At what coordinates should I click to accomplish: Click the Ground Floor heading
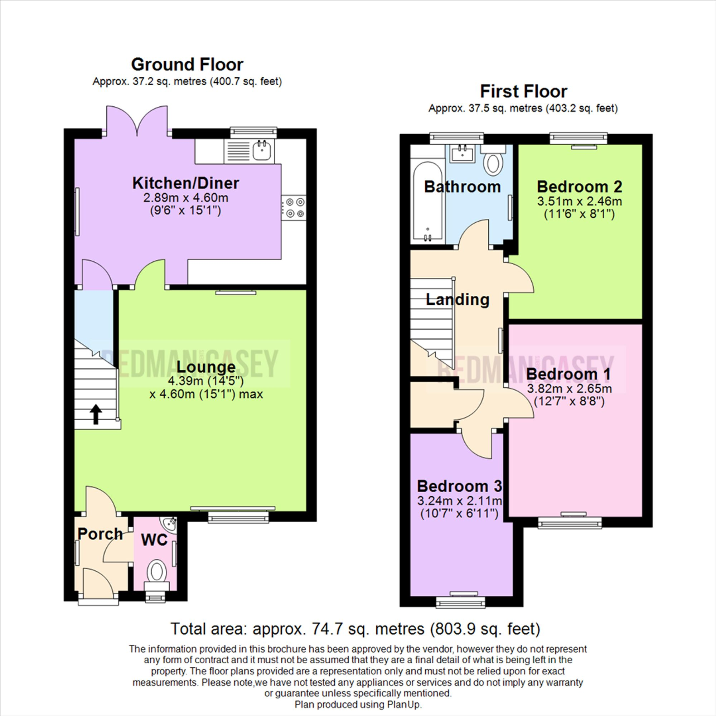coord(187,64)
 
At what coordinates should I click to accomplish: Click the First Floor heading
coord(523,92)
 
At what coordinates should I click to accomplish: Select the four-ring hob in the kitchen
coord(294,208)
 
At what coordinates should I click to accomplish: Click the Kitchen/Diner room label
coord(186,183)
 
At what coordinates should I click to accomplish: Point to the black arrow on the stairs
coord(96,414)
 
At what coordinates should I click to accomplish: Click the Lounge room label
coord(206,367)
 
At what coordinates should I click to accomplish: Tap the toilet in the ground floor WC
coord(156,571)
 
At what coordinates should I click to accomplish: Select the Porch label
coord(100,534)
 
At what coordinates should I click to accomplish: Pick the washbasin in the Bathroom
coord(462,154)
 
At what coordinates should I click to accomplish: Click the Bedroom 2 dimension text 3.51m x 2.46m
coord(579,202)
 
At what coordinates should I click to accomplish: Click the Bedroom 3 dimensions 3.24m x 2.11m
coord(460,501)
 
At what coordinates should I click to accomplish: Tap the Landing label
coord(457,299)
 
